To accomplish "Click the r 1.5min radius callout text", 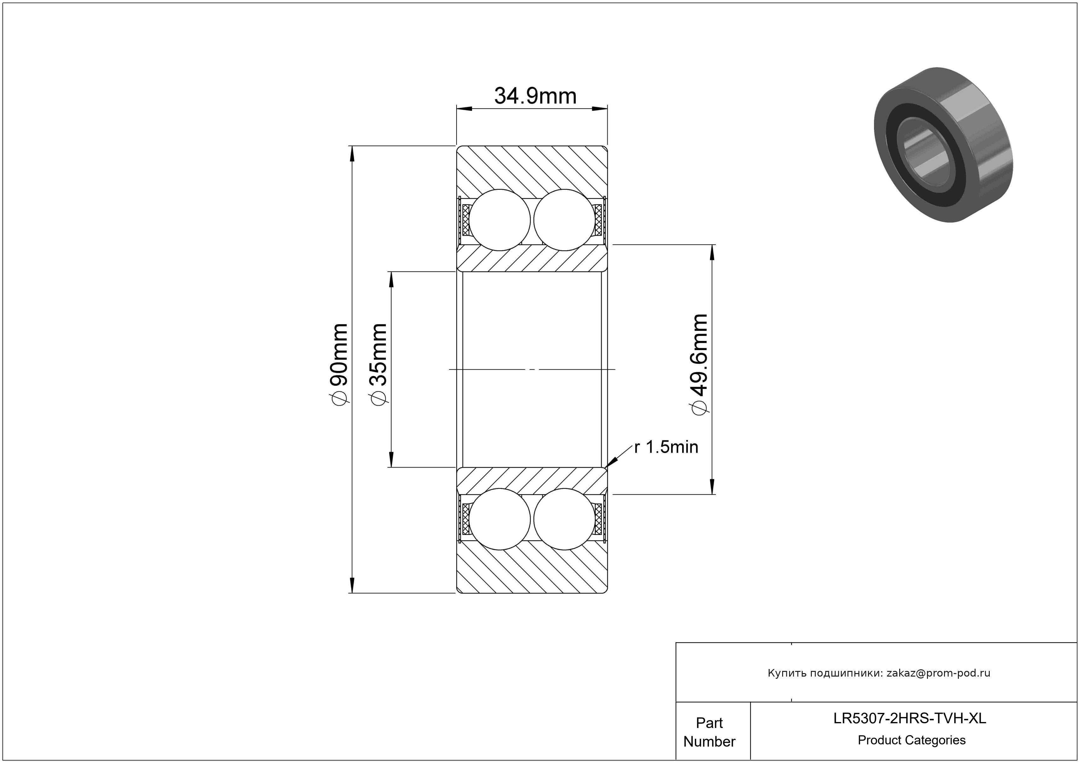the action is (x=666, y=447).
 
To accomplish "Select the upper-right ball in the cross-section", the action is (x=564, y=220).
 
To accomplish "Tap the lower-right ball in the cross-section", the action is (x=564, y=519).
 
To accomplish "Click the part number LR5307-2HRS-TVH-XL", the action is (x=910, y=718).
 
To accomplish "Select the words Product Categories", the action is (x=912, y=740).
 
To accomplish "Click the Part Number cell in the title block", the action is (x=709, y=732).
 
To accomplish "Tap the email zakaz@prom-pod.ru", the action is (x=938, y=673).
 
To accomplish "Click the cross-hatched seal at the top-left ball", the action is (x=466, y=220).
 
